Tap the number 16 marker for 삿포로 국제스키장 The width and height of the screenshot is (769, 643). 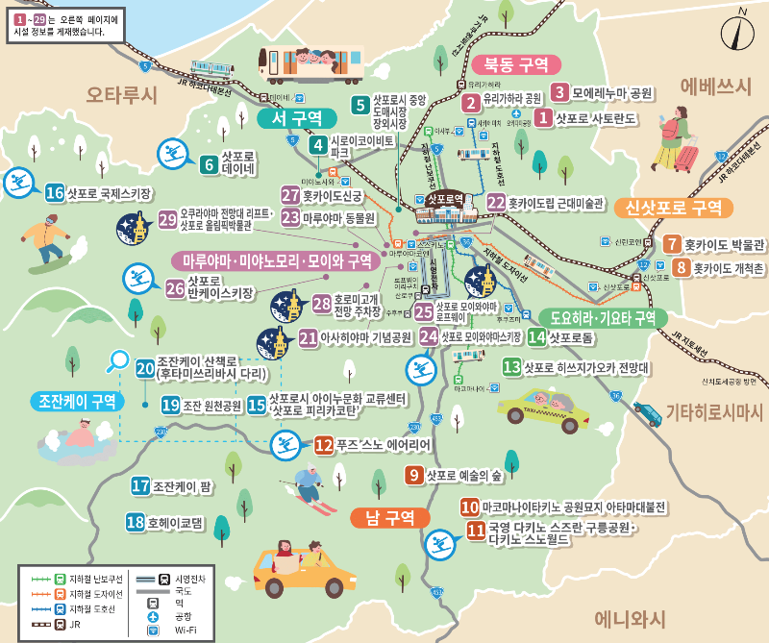pyautogui.click(x=54, y=193)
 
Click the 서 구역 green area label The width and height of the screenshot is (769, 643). pyautogui.click(x=297, y=117)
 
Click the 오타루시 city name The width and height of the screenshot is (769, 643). pyautogui.click(x=121, y=94)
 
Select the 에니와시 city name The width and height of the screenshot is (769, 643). pyautogui.click(x=630, y=618)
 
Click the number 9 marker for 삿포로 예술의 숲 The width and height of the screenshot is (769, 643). pyautogui.click(x=414, y=474)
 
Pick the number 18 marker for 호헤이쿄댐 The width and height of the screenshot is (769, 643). pyautogui.click(x=135, y=523)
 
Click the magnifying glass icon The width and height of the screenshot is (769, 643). pyautogui.click(x=119, y=360)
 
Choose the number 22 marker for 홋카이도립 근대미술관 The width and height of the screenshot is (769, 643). pyautogui.click(x=496, y=203)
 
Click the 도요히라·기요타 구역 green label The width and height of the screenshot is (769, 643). pyautogui.click(x=602, y=317)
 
